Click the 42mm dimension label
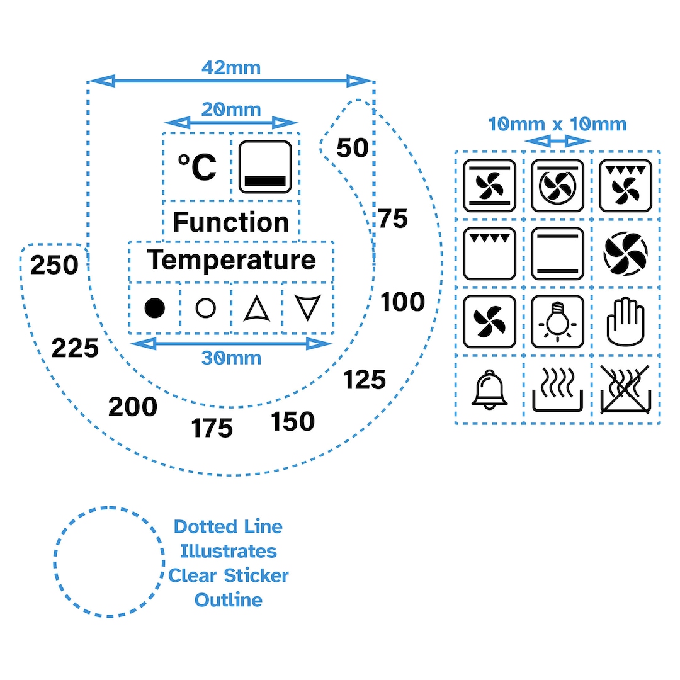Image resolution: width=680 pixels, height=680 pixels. click(231, 68)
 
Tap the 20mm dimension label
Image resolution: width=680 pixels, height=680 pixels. click(231, 110)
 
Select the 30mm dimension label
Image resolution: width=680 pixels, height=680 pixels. click(232, 358)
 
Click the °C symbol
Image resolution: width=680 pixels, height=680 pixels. click(197, 167)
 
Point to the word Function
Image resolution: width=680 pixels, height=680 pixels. click(231, 222)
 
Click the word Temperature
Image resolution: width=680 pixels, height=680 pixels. click(232, 260)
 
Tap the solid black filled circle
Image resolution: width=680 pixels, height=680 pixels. click(155, 309)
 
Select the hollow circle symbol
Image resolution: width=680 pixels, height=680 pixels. click(205, 309)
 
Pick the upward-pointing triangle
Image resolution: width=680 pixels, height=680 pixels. click(257, 309)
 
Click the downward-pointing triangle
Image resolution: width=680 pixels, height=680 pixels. click(307, 307)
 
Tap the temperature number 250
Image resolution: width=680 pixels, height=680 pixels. click(54, 264)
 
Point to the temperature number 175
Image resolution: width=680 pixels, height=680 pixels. click(212, 428)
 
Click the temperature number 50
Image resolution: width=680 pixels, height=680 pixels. click(353, 147)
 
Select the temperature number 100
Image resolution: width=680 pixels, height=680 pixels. click(402, 302)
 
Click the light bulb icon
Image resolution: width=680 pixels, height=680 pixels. click(558, 322)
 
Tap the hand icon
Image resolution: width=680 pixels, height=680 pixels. click(626, 321)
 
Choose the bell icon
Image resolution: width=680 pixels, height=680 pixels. click(490, 390)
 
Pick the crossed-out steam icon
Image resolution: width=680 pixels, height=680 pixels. click(625, 390)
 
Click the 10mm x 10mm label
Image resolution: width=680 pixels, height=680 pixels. click(558, 125)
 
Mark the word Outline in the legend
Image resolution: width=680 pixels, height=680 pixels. click(229, 600)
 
